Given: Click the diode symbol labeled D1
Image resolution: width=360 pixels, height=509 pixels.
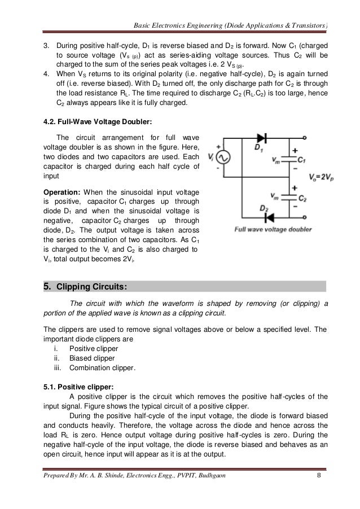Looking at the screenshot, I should tap(261, 137).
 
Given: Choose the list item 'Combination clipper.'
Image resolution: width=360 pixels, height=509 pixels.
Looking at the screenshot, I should tap(102, 368).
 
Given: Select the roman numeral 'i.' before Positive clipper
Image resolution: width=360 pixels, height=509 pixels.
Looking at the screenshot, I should tap(55, 348).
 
